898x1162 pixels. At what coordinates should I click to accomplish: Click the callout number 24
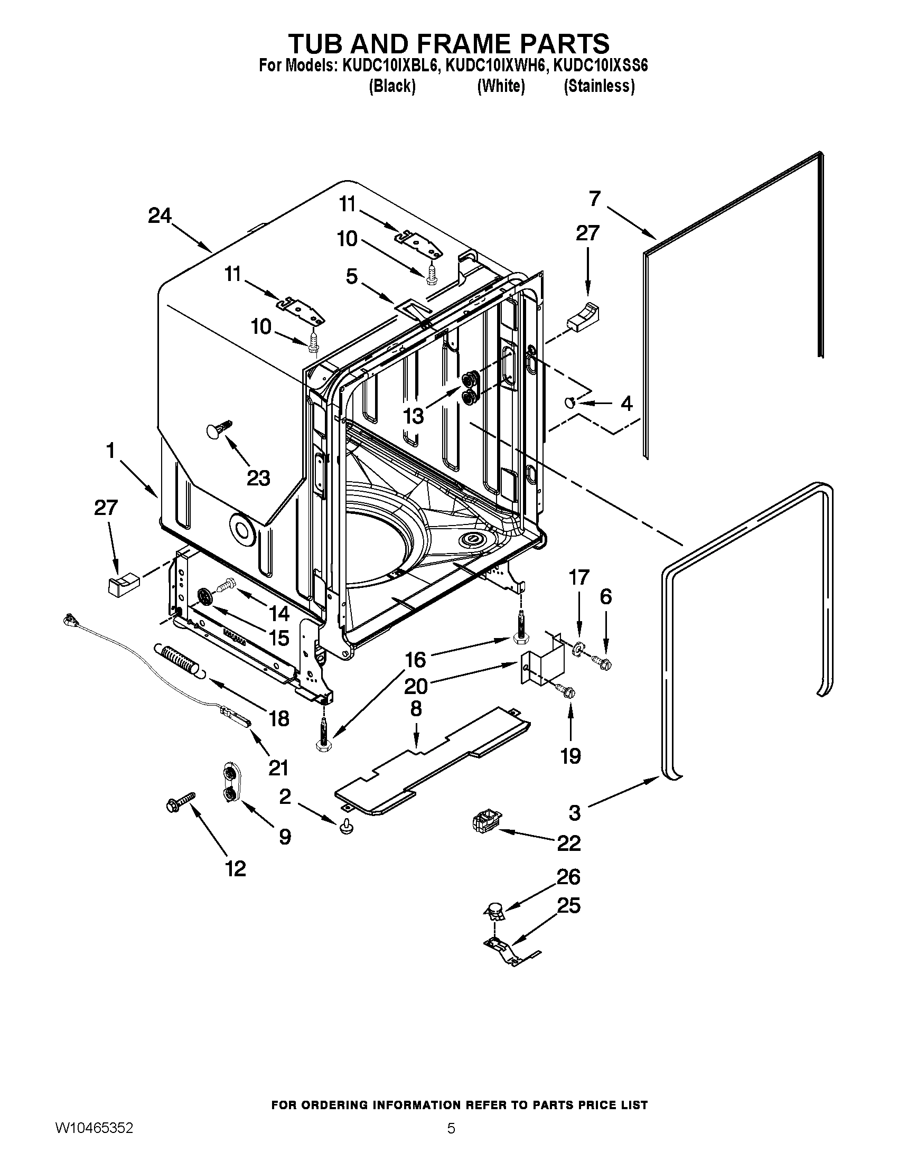pos(160,216)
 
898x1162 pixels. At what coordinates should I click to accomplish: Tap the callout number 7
pos(594,199)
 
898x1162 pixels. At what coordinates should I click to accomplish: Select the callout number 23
pos(258,478)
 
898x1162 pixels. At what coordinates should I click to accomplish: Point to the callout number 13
pos(414,416)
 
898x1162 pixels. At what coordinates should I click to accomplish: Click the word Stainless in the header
pos(599,86)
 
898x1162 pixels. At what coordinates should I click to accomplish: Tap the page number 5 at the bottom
pos(451,1129)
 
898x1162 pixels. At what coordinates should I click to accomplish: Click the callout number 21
pos(278,768)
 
